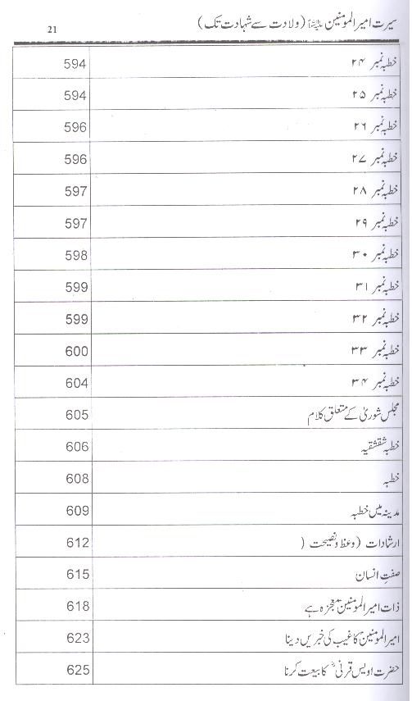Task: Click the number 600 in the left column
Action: (75, 350)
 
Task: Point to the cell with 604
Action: (75, 383)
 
